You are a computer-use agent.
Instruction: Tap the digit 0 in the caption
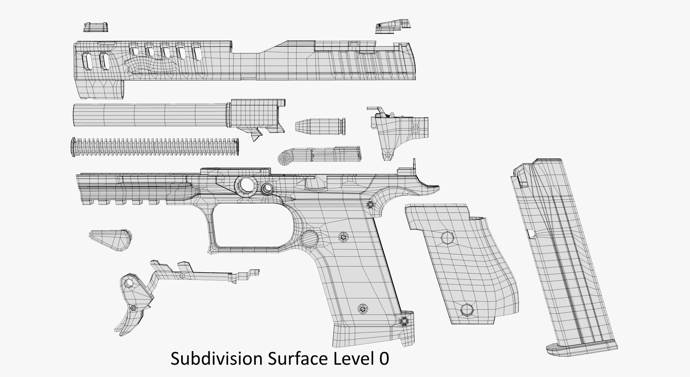[x=383, y=359]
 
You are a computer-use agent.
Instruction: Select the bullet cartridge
[x=320, y=126]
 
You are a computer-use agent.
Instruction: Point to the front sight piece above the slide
[x=96, y=27]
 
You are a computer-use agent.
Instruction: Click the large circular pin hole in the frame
[x=247, y=185]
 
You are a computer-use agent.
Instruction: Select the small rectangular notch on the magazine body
[x=531, y=234]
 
